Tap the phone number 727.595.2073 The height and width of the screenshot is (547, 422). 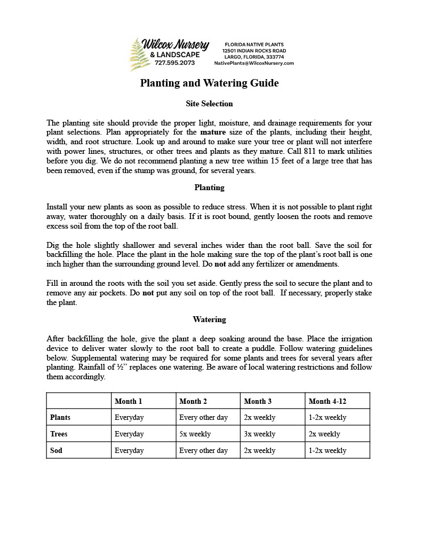[175, 63]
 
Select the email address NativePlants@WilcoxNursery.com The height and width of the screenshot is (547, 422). [254, 63]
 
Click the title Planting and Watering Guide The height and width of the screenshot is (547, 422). [209, 83]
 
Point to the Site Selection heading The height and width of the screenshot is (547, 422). [209, 104]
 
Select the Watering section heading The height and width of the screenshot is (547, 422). [209, 320]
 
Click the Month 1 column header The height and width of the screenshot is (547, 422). [128, 401]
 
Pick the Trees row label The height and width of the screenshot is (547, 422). [59, 434]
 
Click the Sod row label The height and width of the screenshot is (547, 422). [56, 451]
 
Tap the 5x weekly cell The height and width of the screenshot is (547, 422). [195, 434]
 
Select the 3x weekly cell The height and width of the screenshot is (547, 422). [259, 434]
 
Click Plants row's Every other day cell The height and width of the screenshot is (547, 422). [203, 418]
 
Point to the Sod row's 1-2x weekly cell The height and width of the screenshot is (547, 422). [327, 451]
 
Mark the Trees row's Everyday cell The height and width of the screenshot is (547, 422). [129, 434]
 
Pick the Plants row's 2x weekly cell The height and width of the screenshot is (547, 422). [259, 418]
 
